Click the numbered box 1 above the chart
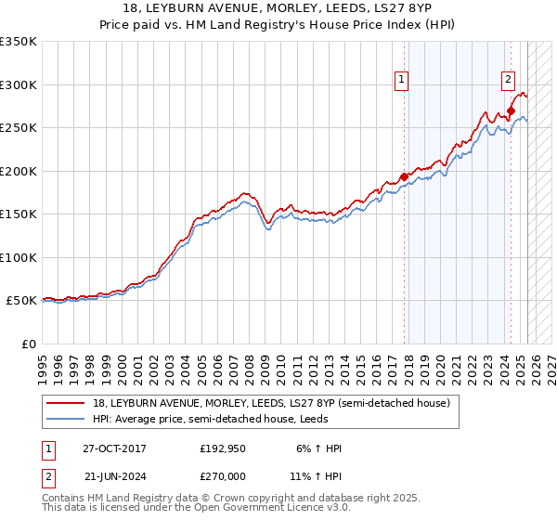point(401,81)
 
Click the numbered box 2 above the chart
point(509,81)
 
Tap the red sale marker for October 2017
point(404,176)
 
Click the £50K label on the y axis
point(21,301)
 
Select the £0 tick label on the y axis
point(30,344)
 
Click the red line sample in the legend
point(66,403)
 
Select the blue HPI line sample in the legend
point(66,419)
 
